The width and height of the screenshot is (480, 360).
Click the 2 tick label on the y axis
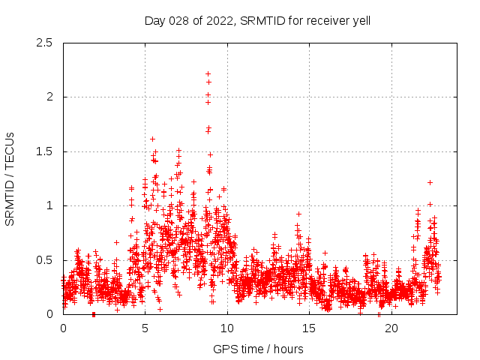click(x=49, y=97)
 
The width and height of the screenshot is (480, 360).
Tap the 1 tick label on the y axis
click(x=49, y=205)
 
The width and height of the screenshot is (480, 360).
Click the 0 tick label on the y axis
click(x=49, y=314)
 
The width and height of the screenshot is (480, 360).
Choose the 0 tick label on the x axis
click(x=63, y=328)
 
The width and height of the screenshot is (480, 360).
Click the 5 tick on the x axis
click(x=145, y=328)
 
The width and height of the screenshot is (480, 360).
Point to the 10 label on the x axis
click(x=227, y=328)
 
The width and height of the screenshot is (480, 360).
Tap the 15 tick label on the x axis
click(x=310, y=328)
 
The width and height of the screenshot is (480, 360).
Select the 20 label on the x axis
click(x=391, y=328)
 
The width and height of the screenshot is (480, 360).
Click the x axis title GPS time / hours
click(x=258, y=349)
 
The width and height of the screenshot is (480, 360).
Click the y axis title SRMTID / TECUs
click(x=10, y=178)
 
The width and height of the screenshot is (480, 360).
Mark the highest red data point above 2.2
click(x=208, y=73)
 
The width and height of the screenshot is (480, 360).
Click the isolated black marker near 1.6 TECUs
click(x=152, y=139)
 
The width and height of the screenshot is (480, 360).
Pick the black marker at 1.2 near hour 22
click(x=430, y=182)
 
